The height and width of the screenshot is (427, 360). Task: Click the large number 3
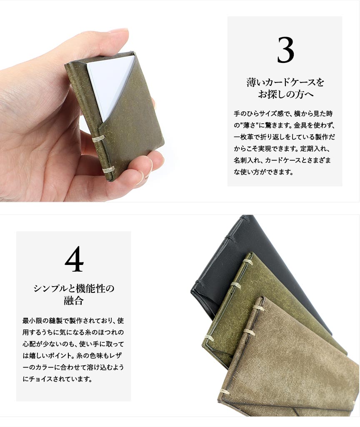pyautogui.click(x=285, y=50)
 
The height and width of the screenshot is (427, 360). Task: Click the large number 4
pyautogui.click(x=74, y=259)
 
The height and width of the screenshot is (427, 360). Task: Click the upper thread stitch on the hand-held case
pyautogui.click(x=98, y=139)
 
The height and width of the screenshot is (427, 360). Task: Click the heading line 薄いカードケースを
pyautogui.click(x=285, y=82)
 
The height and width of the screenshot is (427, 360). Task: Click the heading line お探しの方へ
pyautogui.click(x=285, y=94)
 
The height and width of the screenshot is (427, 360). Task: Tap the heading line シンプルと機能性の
pyautogui.click(x=74, y=288)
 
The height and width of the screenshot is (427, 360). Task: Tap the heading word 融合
pyautogui.click(x=73, y=301)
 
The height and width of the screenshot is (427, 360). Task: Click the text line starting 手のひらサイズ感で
pyautogui.click(x=283, y=114)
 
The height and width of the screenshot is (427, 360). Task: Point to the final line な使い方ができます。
pyautogui.click(x=263, y=172)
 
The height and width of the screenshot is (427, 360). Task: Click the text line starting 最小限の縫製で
pyautogui.click(x=73, y=320)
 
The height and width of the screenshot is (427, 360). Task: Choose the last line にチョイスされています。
pyautogui.click(x=57, y=379)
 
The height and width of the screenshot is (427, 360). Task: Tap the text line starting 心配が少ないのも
pyautogui.click(x=73, y=344)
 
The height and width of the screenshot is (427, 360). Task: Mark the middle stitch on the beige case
pyautogui.click(x=248, y=332)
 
